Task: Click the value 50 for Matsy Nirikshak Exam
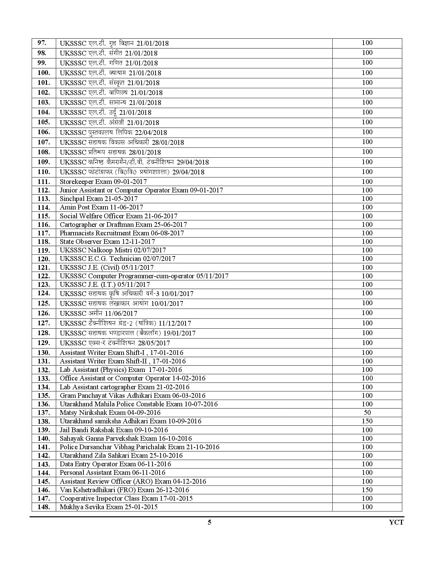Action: (x=367, y=412)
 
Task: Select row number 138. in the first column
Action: (x=44, y=421)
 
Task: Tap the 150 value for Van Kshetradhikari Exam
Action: (x=367, y=490)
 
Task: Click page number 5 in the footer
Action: (x=210, y=522)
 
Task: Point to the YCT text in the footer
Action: (x=396, y=522)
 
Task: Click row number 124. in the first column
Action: (x=44, y=293)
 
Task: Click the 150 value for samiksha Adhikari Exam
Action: (x=367, y=421)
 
